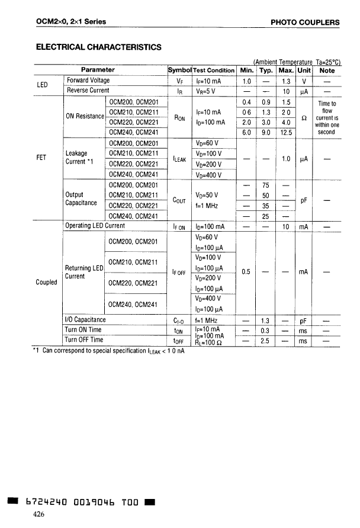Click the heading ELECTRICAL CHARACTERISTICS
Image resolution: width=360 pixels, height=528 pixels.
(x=98, y=47)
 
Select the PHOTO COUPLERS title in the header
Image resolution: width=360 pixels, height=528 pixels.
(x=305, y=23)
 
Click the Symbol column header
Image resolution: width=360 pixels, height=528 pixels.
(x=179, y=71)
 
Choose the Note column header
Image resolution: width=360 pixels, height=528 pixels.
(x=327, y=71)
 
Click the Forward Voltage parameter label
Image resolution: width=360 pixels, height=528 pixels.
(x=88, y=81)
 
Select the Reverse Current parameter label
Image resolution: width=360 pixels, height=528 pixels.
(x=88, y=91)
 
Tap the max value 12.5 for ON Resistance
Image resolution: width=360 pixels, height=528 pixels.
(x=286, y=132)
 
